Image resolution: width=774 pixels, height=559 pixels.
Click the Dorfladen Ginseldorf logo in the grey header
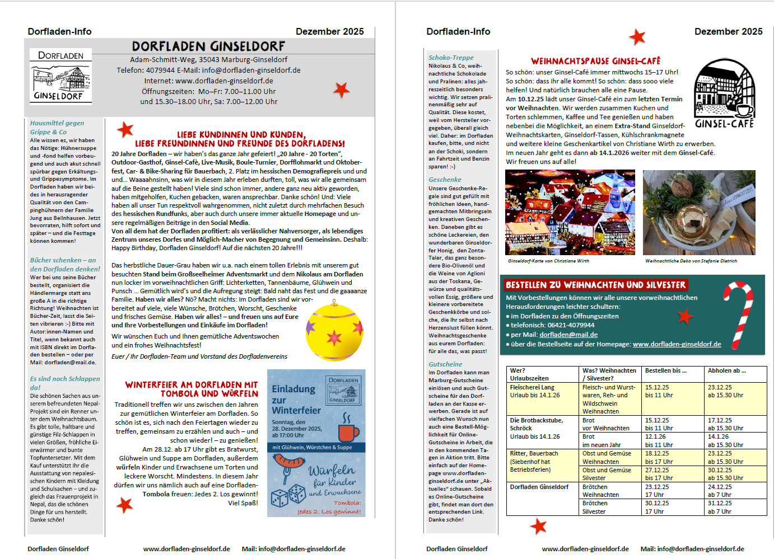click(60, 76)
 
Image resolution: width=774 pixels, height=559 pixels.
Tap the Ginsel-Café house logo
click(724, 93)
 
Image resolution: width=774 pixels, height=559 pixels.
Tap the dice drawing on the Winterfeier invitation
click(288, 495)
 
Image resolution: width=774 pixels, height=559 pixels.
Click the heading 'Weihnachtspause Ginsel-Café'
click(595, 61)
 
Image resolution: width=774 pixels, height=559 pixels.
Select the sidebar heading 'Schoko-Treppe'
click(451, 58)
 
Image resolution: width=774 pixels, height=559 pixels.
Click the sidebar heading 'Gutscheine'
click(445, 364)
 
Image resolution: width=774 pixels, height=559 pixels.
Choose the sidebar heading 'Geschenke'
click(445, 180)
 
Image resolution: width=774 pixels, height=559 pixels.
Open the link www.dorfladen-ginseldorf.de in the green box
click(677, 344)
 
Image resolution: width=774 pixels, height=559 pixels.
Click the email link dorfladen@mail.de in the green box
click(568, 335)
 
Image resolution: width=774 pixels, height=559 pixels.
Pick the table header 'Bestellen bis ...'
click(665, 370)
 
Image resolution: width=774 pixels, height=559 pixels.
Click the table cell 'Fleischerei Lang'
click(532, 387)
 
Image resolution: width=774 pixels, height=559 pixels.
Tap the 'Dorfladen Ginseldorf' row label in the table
click(539, 487)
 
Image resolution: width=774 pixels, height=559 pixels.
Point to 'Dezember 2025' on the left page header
click(329, 32)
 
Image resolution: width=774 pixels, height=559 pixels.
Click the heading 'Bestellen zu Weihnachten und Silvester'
click(595, 285)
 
